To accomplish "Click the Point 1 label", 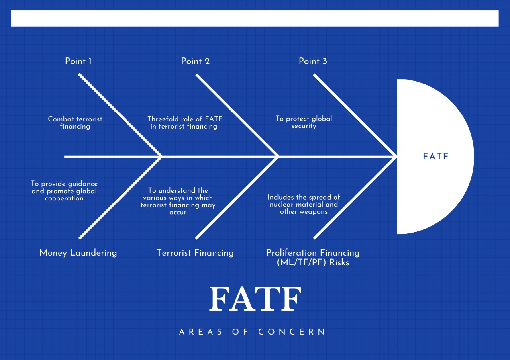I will click(x=78, y=61).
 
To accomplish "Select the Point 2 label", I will click(x=195, y=61).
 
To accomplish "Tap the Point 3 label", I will click(x=313, y=61).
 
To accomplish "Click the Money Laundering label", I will click(x=78, y=253).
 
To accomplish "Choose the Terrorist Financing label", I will click(x=195, y=253).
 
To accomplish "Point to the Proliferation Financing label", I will click(x=313, y=253).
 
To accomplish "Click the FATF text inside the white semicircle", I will click(x=435, y=157).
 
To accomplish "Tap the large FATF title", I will click(x=255, y=299).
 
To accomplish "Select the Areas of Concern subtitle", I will click(x=253, y=332).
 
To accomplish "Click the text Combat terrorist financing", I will click(x=75, y=123).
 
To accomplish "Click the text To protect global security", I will click(x=304, y=122).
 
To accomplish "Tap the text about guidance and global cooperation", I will click(x=64, y=191).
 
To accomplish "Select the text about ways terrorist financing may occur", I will click(x=178, y=201).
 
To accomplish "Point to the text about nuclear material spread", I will click(x=304, y=204).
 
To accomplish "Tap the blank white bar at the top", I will click(x=255, y=18).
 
